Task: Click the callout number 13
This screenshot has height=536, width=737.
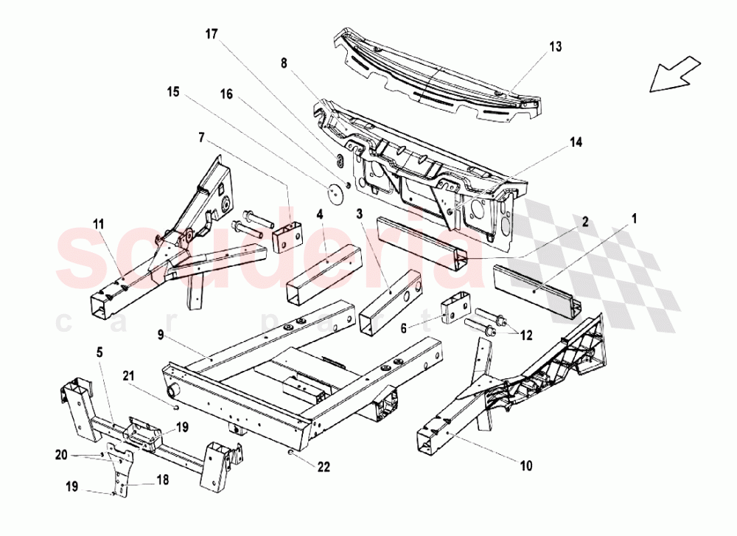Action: (x=555, y=46)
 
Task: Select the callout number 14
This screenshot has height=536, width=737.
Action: (x=576, y=142)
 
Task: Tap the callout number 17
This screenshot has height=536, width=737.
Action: (x=212, y=34)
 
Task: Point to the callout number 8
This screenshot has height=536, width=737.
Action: (x=284, y=64)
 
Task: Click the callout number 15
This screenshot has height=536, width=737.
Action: (x=172, y=93)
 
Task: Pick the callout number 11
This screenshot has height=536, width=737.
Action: (x=99, y=223)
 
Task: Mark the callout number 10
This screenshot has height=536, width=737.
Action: (x=526, y=465)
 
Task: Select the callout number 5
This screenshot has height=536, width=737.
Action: (x=99, y=352)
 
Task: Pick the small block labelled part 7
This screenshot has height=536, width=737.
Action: (x=288, y=235)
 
